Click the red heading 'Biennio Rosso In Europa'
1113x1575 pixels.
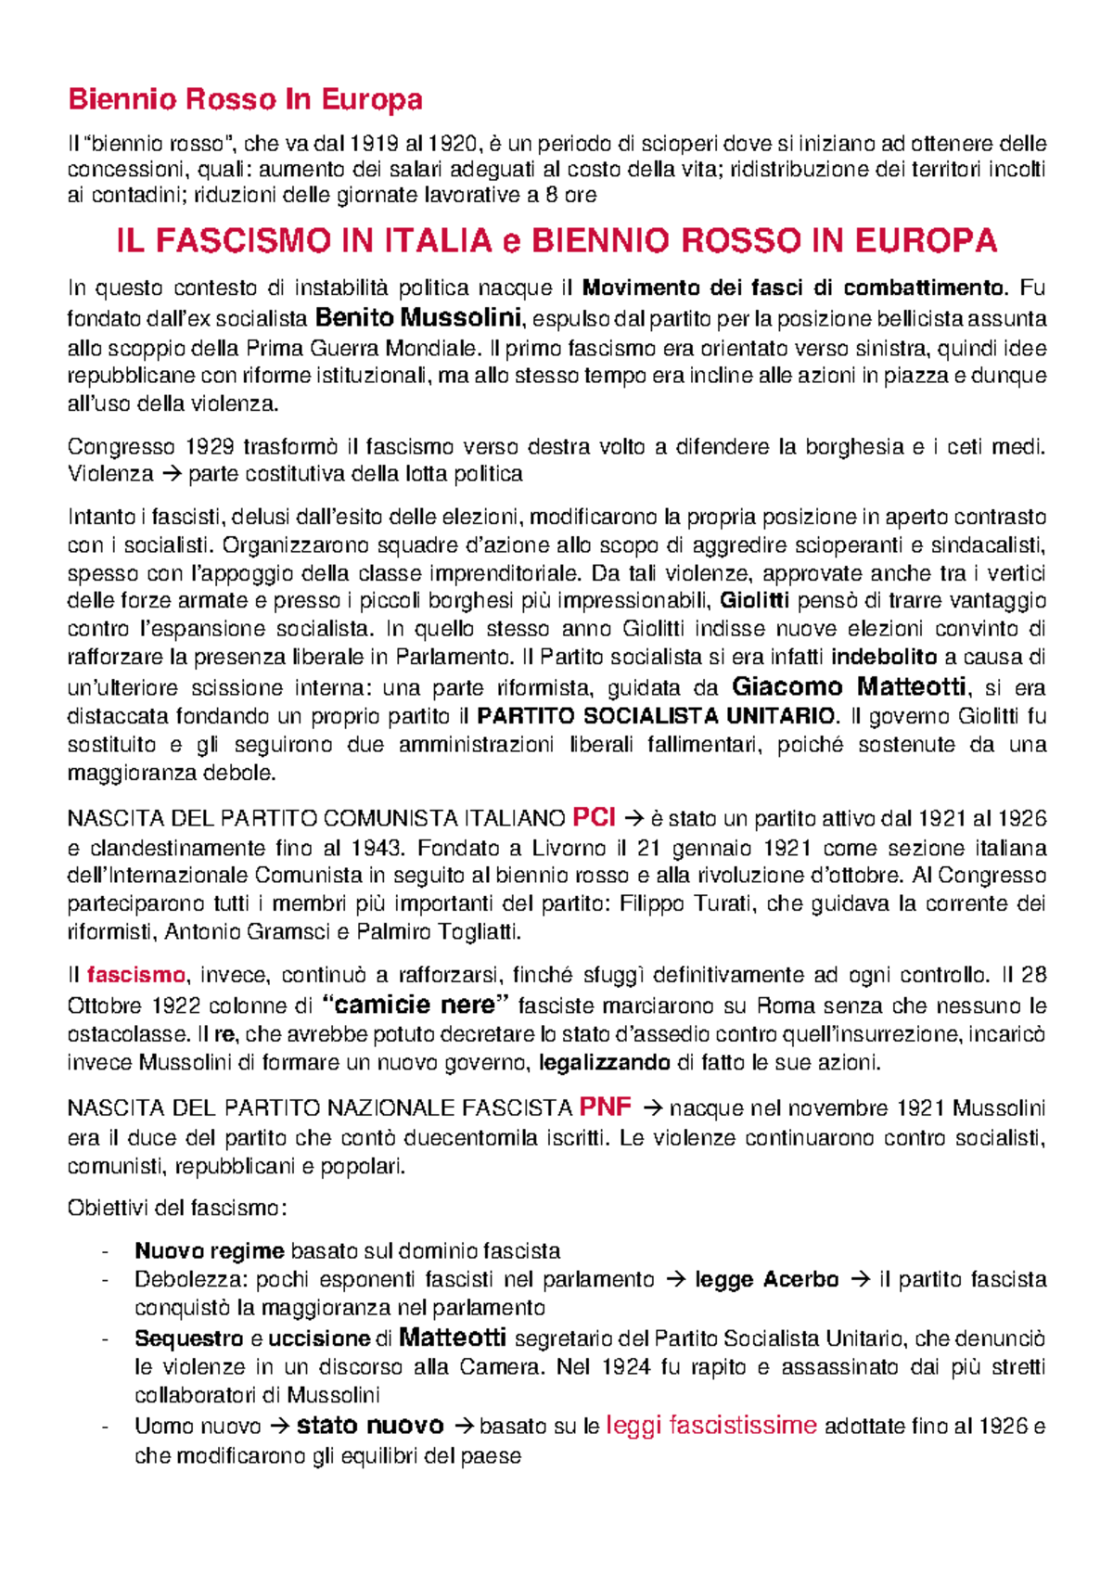[245, 99]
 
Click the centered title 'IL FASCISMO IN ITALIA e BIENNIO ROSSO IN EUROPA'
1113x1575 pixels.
[556, 241]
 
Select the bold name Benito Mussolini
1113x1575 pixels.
[418, 318]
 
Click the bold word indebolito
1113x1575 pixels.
[884, 658]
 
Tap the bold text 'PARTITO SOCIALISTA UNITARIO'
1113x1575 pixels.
[657, 716]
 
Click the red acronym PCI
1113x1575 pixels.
[595, 817]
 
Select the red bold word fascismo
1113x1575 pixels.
[136, 976]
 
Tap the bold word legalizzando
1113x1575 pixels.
[605, 1062]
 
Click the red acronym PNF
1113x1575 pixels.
[605, 1107]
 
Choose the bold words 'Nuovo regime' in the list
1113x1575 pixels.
[209, 1251]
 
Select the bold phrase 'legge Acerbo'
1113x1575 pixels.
[766, 1280]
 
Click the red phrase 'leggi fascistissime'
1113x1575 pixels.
[711, 1426]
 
